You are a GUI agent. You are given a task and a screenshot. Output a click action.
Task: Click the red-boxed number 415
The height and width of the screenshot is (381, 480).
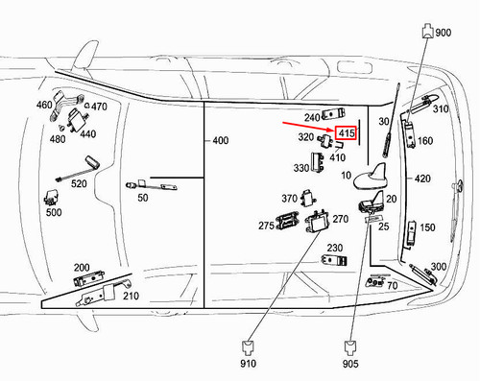click(x=347, y=132)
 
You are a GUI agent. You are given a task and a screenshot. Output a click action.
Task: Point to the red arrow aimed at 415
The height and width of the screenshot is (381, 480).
click(x=308, y=126)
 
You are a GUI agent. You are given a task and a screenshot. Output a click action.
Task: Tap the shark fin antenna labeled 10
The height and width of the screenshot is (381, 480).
click(x=371, y=177)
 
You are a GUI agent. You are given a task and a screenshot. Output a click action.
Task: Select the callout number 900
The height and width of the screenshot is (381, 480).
click(x=444, y=33)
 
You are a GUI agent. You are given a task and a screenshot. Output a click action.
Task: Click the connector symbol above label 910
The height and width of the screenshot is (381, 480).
click(x=248, y=347)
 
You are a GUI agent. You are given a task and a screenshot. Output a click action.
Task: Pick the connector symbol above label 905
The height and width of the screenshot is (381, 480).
click(x=350, y=347)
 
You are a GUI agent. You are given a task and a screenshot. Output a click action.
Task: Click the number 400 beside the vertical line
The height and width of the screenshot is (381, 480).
click(x=221, y=140)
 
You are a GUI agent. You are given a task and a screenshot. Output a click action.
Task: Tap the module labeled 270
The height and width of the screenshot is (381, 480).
click(x=318, y=221)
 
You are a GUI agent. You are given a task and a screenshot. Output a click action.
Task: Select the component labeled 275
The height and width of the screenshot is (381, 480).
click(x=287, y=221)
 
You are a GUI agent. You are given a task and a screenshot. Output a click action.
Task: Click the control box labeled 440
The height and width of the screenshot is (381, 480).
click(x=77, y=119)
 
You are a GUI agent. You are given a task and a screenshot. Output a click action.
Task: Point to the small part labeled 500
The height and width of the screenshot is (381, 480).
click(x=51, y=197)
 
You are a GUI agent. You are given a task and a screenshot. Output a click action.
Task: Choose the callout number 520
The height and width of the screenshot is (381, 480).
click(x=79, y=183)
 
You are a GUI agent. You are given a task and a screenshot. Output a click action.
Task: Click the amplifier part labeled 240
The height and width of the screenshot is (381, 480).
click(x=334, y=113)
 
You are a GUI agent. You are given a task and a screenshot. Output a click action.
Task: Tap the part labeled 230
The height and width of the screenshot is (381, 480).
click(x=334, y=260)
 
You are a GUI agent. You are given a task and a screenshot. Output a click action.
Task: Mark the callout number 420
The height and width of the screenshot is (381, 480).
click(x=422, y=179)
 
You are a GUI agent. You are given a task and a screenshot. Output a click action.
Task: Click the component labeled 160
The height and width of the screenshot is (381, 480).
click(x=410, y=133)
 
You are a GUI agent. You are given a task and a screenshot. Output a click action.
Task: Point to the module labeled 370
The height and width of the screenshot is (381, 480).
click(x=307, y=198)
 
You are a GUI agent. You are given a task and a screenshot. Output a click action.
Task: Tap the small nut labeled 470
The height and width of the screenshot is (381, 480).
click(x=87, y=107)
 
